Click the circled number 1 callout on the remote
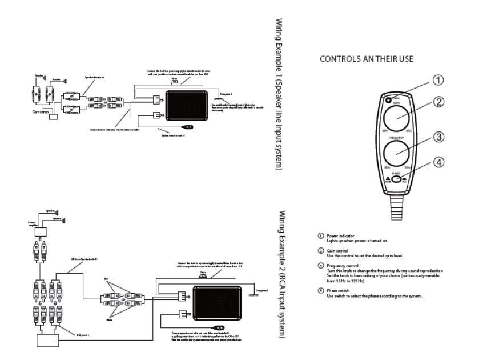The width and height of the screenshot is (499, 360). click(437, 80)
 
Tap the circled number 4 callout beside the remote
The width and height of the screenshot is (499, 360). click(437, 162)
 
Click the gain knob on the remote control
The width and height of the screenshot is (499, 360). click(396, 118)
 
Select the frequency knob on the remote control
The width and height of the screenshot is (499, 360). click(396, 154)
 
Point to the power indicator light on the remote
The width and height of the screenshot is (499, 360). click(388, 101)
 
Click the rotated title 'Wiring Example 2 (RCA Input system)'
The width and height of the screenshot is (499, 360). click(280, 274)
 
